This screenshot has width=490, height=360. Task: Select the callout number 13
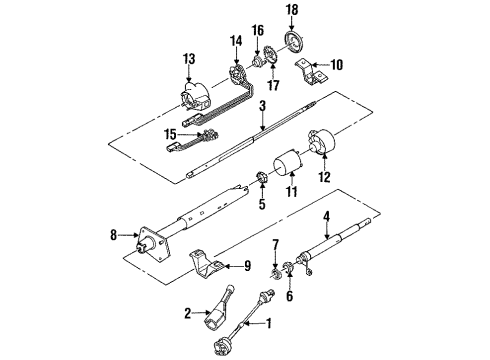coord(189,60)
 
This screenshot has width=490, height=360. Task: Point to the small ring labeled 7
coord(274,272)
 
